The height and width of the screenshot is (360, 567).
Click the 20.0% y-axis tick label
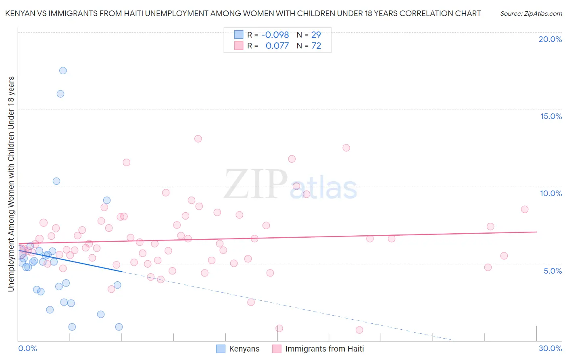pos(550,39)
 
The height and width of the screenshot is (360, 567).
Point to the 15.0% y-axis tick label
pos(551,116)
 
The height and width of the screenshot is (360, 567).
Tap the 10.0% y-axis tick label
pos(551,193)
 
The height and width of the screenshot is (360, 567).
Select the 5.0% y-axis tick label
pos(552,271)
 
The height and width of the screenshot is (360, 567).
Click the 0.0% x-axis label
pos(27,348)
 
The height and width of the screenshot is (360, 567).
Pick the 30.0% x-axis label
pos(550,348)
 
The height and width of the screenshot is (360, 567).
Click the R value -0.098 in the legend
pos(275,35)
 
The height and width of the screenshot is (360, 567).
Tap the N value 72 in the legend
pos(316,46)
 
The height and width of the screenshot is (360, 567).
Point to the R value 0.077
pos(277,46)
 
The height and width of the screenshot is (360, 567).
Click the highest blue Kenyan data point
pos(63,71)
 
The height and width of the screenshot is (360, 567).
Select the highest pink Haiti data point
pos(198,139)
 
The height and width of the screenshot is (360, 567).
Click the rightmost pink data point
pos(525,209)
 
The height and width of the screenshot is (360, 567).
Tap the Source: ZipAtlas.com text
pos(531,13)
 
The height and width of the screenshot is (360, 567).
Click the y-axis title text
pos(11,184)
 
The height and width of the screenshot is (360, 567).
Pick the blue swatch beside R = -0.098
pos(239,35)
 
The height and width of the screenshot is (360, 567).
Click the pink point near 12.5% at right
pos(346,148)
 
